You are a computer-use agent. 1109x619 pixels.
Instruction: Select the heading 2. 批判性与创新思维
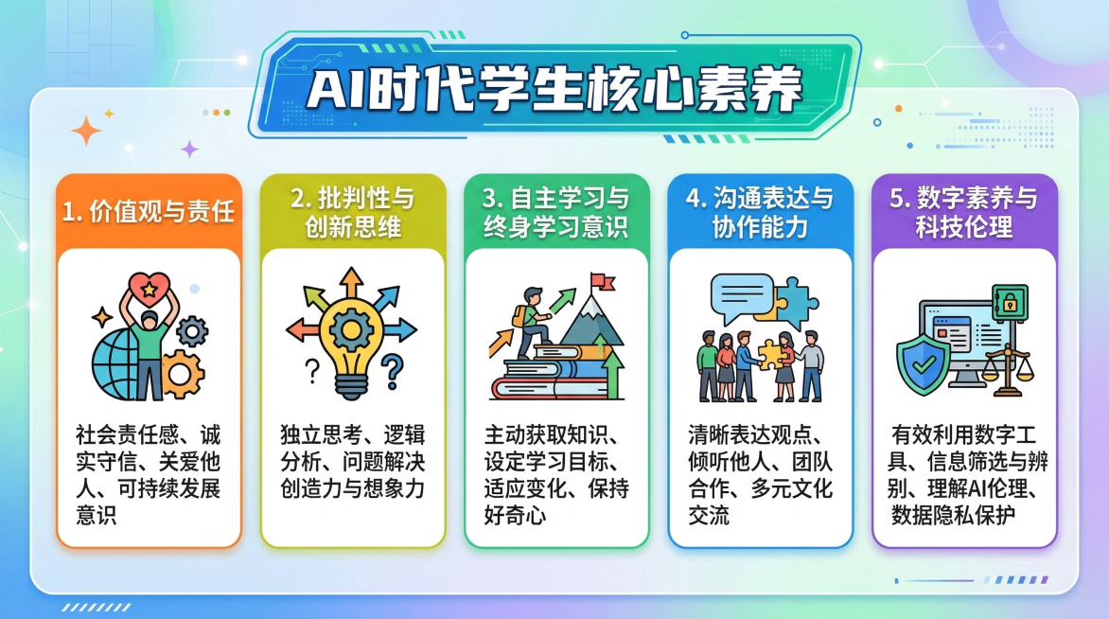point(352,213)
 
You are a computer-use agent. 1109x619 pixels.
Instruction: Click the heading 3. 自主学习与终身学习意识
point(555,213)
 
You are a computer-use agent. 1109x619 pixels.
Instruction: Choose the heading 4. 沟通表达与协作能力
point(760,213)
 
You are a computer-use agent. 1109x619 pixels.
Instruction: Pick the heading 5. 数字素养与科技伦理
point(963,213)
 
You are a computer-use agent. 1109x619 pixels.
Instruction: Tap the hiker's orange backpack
point(519,316)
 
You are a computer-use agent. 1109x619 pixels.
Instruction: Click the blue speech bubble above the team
point(743,292)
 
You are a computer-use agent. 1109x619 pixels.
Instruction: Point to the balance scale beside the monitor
point(1007,363)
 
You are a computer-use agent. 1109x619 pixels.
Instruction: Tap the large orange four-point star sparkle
point(86,131)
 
